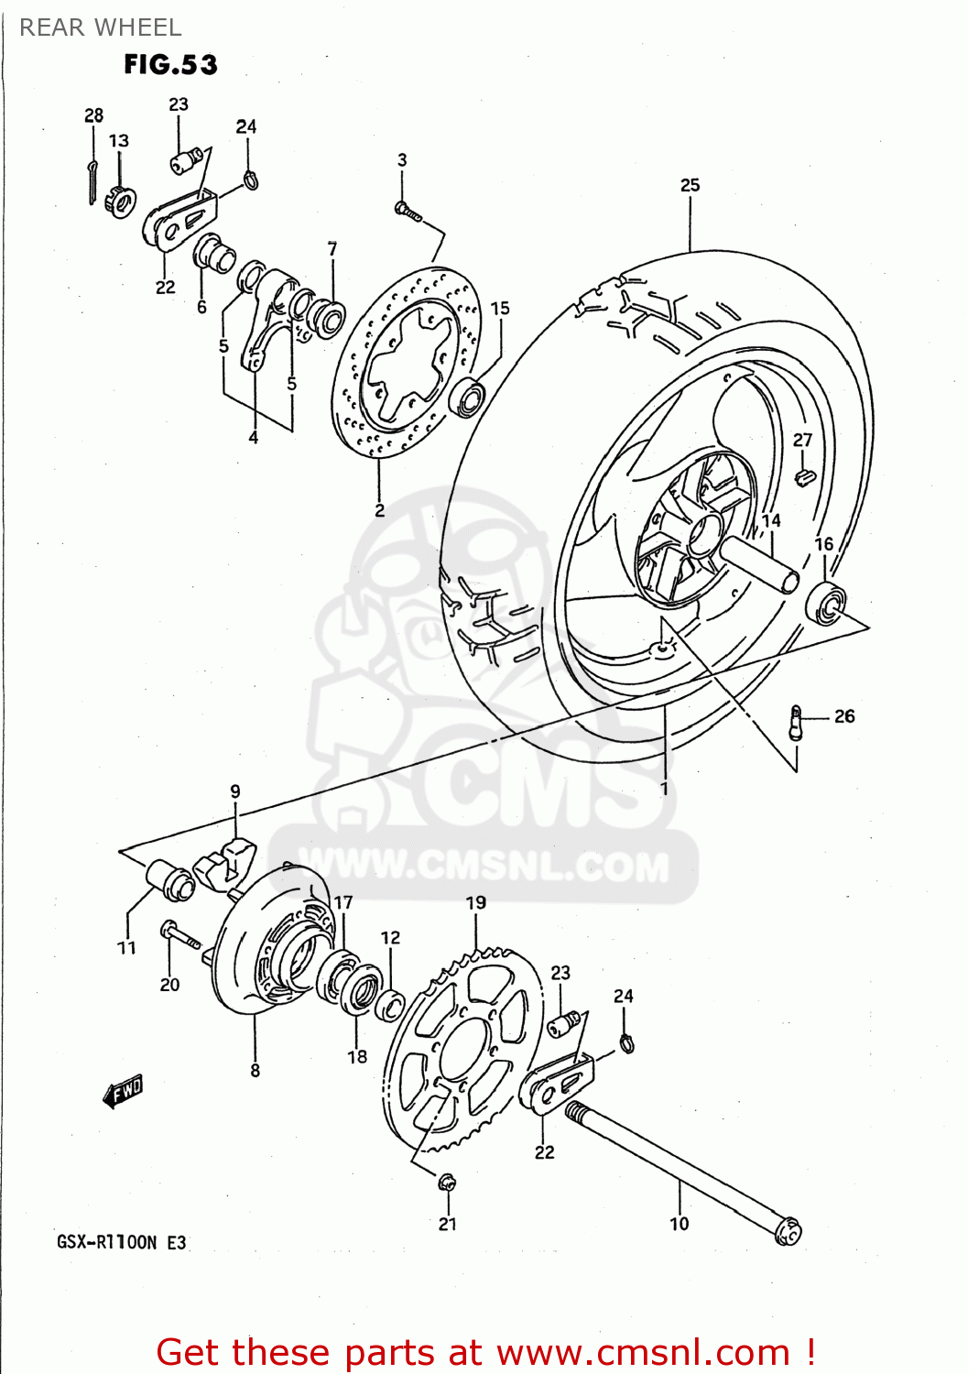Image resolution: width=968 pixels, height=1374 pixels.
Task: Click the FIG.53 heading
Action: click(170, 65)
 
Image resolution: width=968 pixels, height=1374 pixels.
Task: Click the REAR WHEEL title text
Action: click(101, 27)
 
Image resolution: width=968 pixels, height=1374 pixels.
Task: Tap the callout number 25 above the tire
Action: click(690, 185)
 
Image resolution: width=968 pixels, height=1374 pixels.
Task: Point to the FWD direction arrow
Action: click(124, 1091)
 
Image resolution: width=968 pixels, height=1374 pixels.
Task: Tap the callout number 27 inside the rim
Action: click(802, 440)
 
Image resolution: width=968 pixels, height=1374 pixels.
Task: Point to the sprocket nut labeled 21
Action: click(447, 1183)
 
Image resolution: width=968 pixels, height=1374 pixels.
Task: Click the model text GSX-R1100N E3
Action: click(121, 1242)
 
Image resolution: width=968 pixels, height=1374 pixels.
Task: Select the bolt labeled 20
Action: click(180, 935)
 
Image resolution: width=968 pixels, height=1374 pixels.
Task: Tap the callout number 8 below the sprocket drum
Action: click(255, 1070)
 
